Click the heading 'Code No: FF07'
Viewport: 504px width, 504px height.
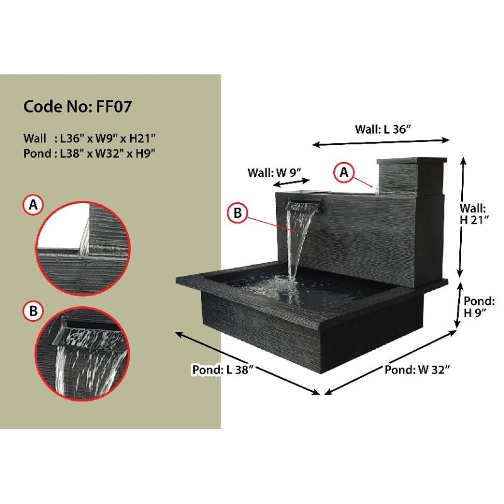(77, 106)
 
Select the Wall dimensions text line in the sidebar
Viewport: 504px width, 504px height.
(89, 138)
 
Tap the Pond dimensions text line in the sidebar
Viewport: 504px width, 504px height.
(89, 152)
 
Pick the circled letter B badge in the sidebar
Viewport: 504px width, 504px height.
(32, 311)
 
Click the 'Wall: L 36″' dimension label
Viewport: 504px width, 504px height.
(382, 129)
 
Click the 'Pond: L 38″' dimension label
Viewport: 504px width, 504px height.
(222, 370)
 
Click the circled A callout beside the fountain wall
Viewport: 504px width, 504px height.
(344, 171)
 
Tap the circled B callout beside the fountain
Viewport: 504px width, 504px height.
(237, 214)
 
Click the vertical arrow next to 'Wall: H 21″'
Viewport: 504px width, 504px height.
(464, 217)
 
